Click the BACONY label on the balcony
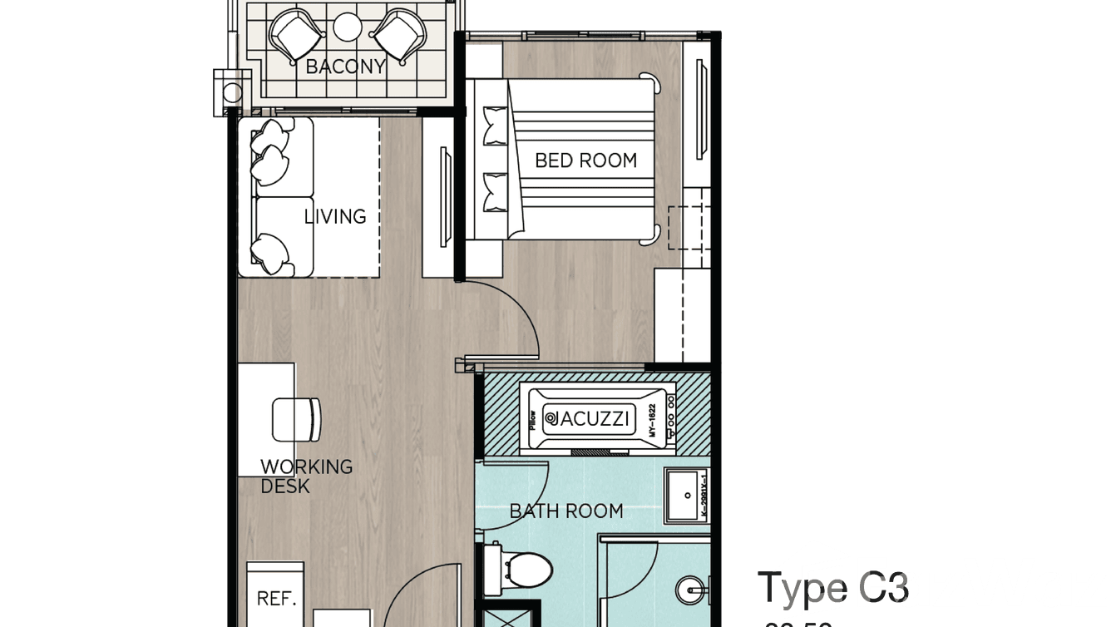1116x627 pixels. pyautogui.click(x=345, y=67)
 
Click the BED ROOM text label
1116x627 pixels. pyautogui.click(x=585, y=160)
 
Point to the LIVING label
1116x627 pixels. pyautogui.click(x=334, y=216)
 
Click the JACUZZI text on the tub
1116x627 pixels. pyautogui.click(x=590, y=417)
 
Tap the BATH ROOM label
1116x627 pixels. pyautogui.click(x=566, y=511)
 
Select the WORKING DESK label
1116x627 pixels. pyautogui.click(x=305, y=476)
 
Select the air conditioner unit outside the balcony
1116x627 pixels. pyautogui.click(x=229, y=92)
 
